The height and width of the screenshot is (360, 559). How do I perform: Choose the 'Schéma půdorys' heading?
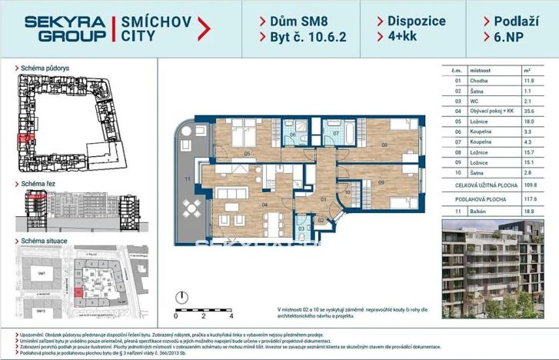pyautogui.click(x=45, y=68)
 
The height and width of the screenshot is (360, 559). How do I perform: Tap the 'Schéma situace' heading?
pyautogui.click(x=45, y=241)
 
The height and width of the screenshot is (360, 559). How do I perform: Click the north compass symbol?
pyautogui.click(x=182, y=296)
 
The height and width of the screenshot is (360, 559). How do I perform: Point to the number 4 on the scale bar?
pyautogui.click(x=230, y=315)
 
